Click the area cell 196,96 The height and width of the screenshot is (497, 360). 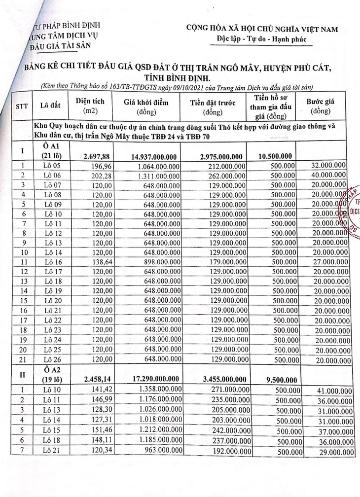point(99,166)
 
